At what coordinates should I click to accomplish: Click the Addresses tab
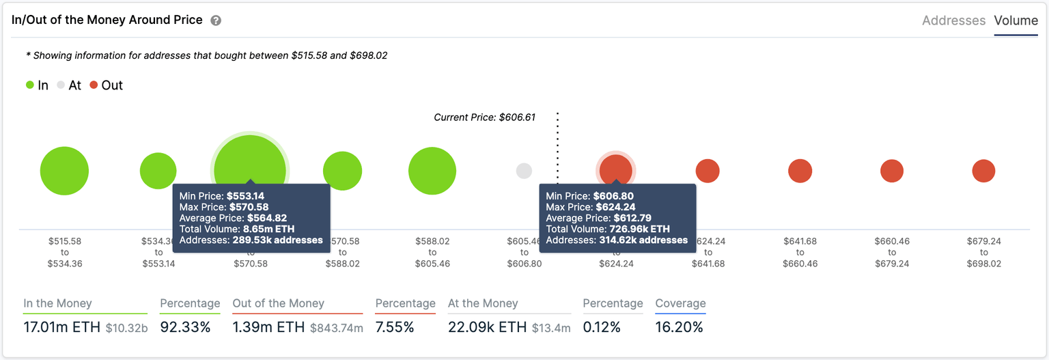tap(953, 20)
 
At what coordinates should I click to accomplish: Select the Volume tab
tap(1016, 20)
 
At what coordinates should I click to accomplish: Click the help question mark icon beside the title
tap(216, 20)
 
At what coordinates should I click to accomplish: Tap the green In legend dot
tap(30, 85)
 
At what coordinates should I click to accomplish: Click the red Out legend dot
tap(94, 85)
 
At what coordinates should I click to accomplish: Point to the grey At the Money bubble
tap(524, 171)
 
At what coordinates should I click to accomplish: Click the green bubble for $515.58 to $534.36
tap(64, 171)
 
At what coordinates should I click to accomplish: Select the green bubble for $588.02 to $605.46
tap(432, 171)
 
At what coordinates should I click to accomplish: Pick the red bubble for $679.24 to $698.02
tap(983, 171)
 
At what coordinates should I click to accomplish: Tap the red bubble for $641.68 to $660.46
tap(800, 171)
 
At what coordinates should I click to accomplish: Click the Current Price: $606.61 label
tap(484, 117)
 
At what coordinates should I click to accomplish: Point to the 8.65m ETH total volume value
tap(267, 229)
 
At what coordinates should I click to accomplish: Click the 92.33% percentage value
tap(185, 327)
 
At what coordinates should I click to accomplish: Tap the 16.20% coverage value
tap(679, 327)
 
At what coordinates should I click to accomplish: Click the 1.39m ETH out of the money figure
tap(268, 327)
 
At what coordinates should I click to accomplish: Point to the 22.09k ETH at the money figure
tap(487, 327)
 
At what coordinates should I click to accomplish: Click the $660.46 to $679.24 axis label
tap(892, 252)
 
